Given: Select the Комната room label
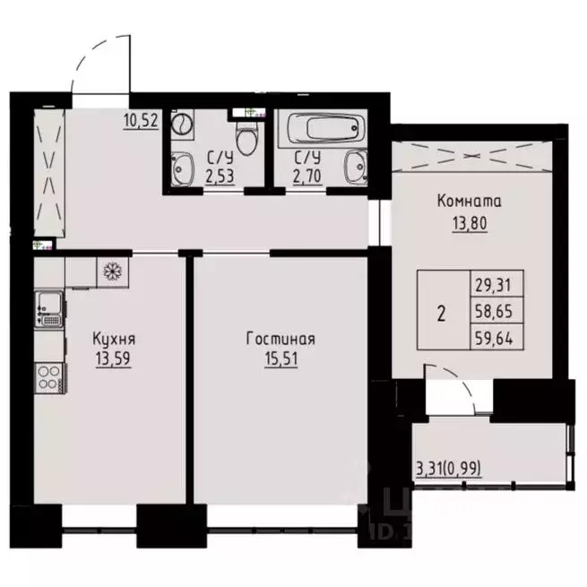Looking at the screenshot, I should (469, 202).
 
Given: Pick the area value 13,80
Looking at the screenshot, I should (469, 220).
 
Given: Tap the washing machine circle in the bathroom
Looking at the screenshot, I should (183, 121).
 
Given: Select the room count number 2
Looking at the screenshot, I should (441, 314).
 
